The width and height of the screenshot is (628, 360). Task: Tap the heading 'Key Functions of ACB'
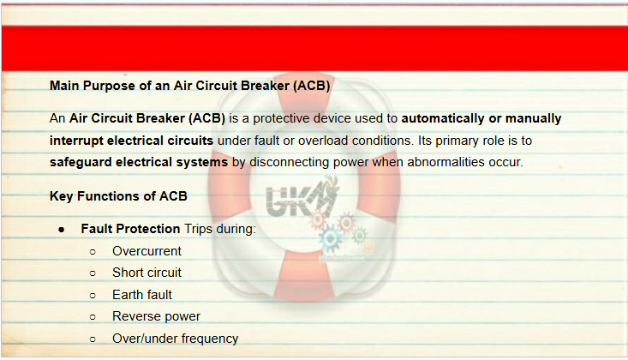click(x=118, y=196)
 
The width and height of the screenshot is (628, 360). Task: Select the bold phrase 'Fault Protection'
click(x=130, y=229)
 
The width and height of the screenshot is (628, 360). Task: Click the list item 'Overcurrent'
click(x=147, y=251)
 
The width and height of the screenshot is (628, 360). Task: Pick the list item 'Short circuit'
click(x=147, y=273)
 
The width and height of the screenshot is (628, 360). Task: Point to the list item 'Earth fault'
click(x=142, y=295)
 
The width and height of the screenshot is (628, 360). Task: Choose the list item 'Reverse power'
click(x=156, y=316)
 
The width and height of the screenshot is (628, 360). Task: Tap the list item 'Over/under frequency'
click(x=175, y=339)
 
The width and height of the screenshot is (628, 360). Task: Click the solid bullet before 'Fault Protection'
click(x=62, y=230)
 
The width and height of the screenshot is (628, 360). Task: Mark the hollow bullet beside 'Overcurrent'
click(x=93, y=252)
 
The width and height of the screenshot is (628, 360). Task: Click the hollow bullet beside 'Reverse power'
click(x=93, y=317)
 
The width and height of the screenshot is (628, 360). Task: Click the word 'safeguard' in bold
click(x=81, y=162)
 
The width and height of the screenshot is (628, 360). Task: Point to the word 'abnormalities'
click(x=446, y=162)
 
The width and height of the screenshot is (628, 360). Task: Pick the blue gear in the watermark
click(x=331, y=238)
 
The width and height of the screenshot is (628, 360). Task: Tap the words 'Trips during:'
click(x=220, y=229)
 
